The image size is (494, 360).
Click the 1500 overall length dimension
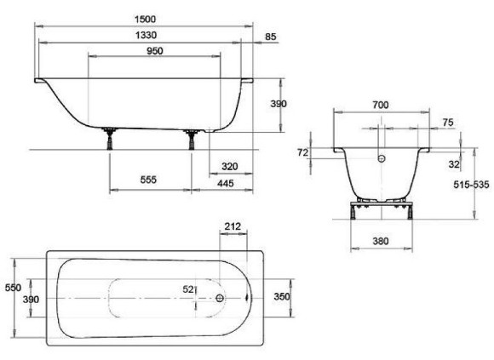pyautogui.click(x=146, y=20)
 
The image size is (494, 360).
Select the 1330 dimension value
pyautogui.click(x=146, y=35)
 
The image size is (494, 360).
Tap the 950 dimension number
pyautogui.click(x=155, y=51)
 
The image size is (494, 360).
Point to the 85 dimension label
pyautogui.click(x=271, y=37)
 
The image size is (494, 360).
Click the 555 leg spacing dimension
pyautogui.click(x=148, y=180)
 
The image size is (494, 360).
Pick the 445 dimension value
pyautogui.click(x=226, y=183)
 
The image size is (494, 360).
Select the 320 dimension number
pyautogui.click(x=230, y=167)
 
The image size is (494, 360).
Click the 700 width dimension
pyautogui.click(x=381, y=105)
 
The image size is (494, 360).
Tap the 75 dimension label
pyautogui.click(x=448, y=123)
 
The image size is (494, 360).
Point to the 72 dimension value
pyautogui.click(x=302, y=152)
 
